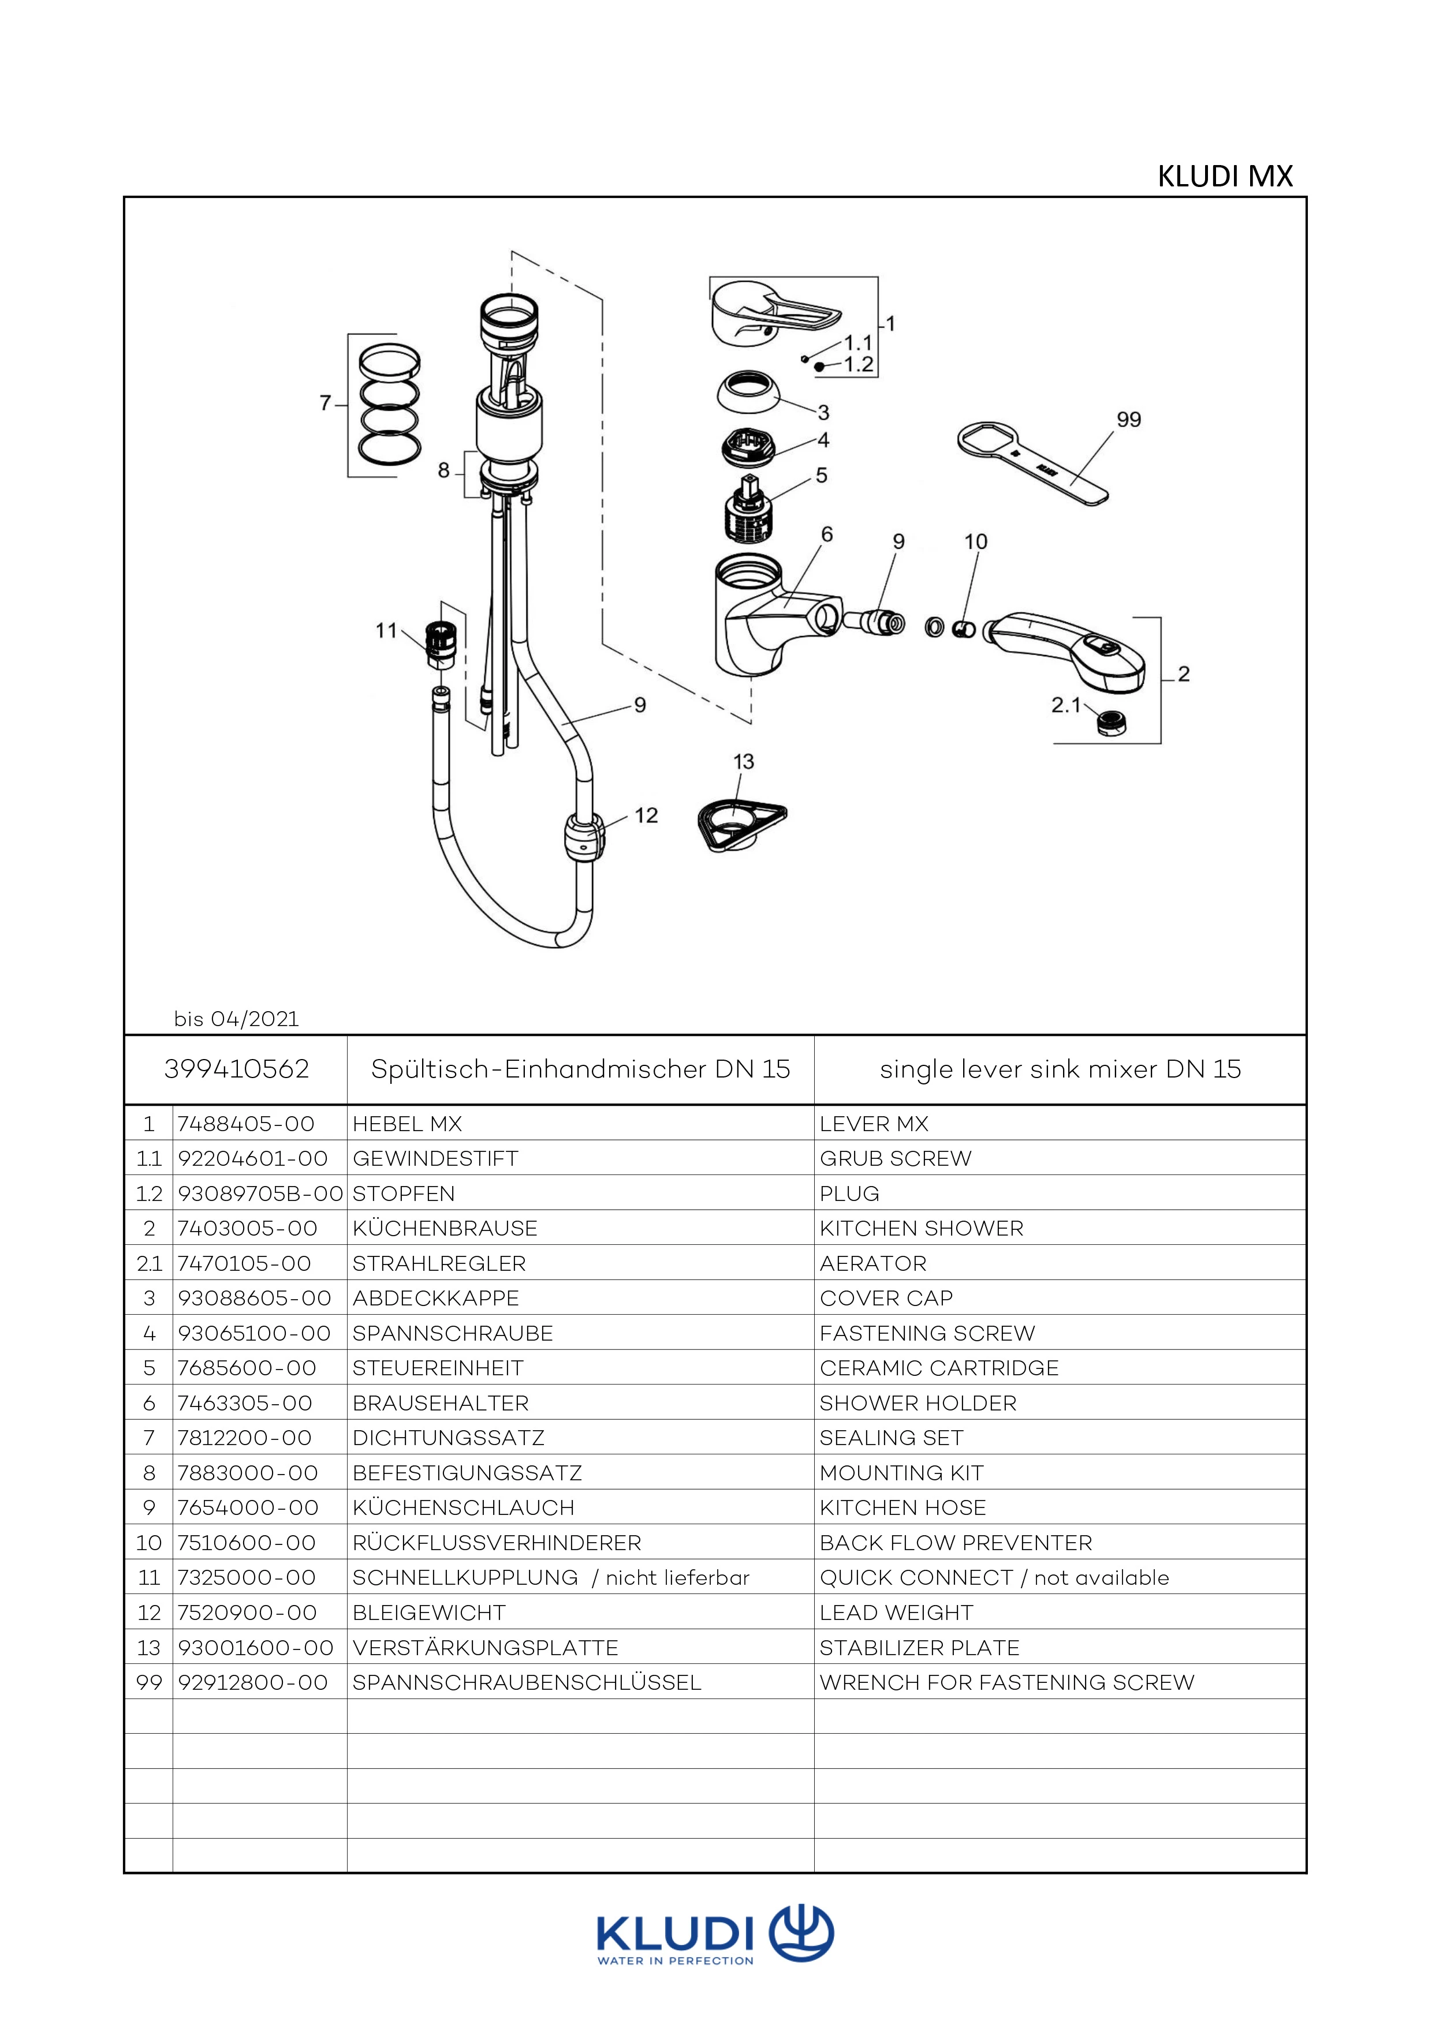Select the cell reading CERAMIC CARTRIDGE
939,1368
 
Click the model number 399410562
236,1069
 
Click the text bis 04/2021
236,1019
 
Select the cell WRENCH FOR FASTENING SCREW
1006,1683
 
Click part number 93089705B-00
260,1194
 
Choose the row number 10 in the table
149,1543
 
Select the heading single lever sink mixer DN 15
1060,1069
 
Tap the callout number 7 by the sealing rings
325,403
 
